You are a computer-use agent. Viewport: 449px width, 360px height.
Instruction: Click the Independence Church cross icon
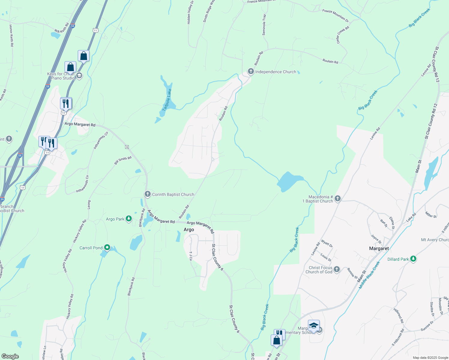pos(251,72)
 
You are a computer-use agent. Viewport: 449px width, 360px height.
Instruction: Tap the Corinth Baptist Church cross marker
pos(147,194)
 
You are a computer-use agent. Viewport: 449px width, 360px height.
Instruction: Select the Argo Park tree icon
pos(128,219)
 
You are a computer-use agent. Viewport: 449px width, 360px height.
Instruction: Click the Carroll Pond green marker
pos(107,248)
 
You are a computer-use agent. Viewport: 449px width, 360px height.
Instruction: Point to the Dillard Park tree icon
pos(413,259)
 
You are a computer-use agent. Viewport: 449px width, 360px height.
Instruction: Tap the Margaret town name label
pos(379,248)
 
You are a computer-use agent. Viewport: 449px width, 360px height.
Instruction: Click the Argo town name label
pos(189,229)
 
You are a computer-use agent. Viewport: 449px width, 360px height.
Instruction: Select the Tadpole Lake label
pos(167,100)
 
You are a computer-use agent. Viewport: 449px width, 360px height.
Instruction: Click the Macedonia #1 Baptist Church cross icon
pos(338,199)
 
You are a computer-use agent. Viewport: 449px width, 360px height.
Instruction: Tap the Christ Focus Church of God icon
pos(337,269)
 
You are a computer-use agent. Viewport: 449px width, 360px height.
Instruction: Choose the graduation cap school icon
pos(314,325)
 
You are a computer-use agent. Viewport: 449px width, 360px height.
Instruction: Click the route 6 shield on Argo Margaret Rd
pos(127,147)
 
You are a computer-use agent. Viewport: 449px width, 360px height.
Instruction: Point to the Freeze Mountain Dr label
pos(335,15)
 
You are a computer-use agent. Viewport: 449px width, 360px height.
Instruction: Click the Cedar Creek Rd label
pos(343,35)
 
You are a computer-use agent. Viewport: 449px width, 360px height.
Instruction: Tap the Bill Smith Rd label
pos(123,160)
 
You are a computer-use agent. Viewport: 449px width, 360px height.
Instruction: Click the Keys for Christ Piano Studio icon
pos(79,76)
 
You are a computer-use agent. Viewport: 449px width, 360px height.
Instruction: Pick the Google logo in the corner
pos(10,356)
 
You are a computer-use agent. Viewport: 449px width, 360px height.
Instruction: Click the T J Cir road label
pos(191,256)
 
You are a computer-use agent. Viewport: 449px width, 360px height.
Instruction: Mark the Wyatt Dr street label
pos(327,243)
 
